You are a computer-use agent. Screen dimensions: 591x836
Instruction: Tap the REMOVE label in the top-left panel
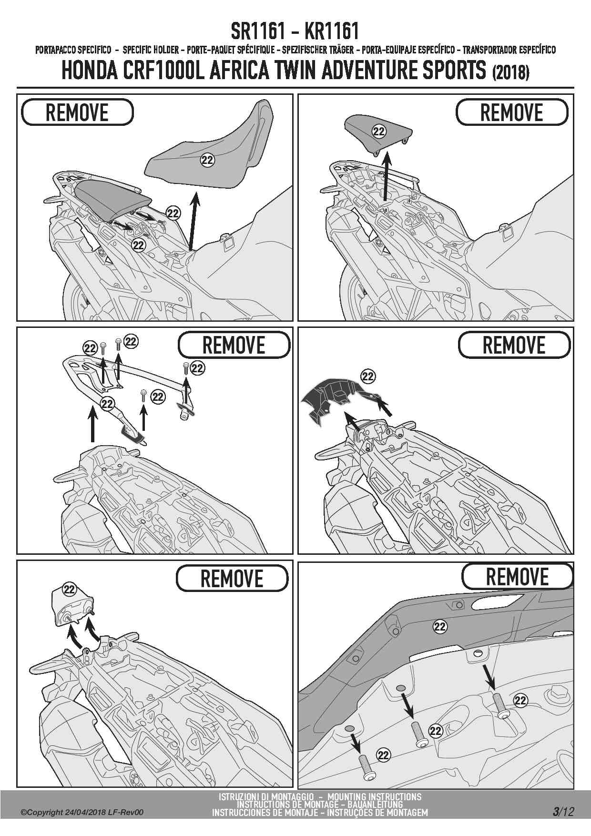tap(77, 112)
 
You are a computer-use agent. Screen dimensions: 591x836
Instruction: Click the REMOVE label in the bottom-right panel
tap(517, 576)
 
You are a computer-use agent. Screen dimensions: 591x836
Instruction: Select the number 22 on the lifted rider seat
tap(207, 160)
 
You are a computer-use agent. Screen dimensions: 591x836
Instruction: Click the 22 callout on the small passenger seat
tap(379, 132)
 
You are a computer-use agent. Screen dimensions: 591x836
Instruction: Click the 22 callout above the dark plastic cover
tap(368, 377)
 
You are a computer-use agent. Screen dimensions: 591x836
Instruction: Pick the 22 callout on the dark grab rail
tap(440, 626)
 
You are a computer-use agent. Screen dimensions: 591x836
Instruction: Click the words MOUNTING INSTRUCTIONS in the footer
tap(375, 796)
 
